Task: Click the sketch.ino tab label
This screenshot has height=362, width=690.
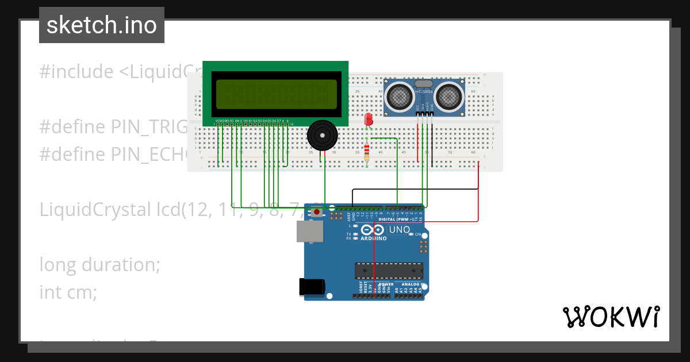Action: [x=102, y=25]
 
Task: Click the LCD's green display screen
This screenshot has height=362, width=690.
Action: [x=276, y=93]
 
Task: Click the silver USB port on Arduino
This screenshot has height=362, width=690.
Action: [x=309, y=232]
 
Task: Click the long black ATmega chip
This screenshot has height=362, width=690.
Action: [x=389, y=270]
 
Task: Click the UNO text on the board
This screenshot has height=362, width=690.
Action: [x=400, y=230]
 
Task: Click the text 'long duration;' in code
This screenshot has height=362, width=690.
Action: [x=99, y=265]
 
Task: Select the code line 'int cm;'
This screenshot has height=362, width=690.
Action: [x=68, y=292]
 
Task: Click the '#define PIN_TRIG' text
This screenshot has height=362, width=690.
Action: [x=113, y=127]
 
